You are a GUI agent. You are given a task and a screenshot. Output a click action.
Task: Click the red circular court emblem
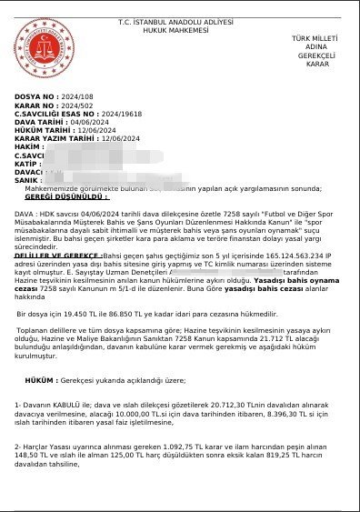click(39, 50)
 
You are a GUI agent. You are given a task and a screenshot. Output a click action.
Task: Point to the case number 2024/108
click(76, 95)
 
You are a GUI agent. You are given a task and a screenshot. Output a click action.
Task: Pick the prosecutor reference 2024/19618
click(122, 114)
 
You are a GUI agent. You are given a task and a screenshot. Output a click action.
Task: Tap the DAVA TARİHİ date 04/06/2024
click(90, 122)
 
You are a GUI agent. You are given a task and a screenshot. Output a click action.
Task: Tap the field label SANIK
click(28, 180)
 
